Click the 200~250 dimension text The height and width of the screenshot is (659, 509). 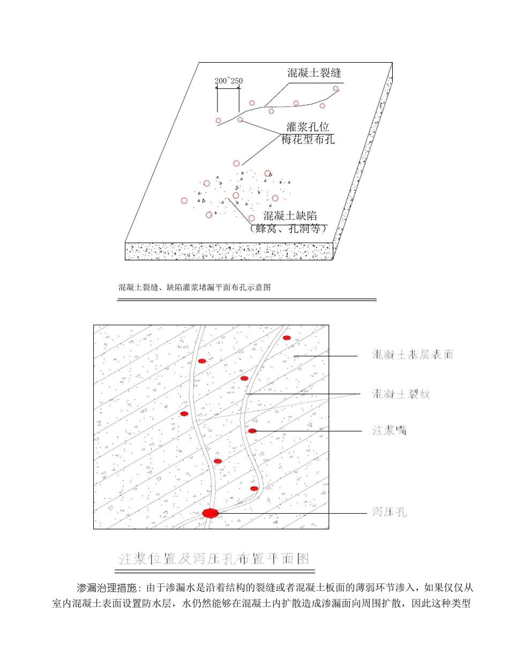(x=228, y=81)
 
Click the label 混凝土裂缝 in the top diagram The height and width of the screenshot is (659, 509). (x=314, y=73)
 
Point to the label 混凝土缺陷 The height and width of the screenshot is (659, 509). (x=291, y=216)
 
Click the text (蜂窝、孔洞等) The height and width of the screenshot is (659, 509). (x=288, y=229)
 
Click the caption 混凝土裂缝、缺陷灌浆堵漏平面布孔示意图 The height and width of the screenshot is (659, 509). (x=194, y=288)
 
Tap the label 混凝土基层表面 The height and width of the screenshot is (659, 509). (x=413, y=355)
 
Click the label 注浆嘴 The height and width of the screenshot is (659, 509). (x=389, y=430)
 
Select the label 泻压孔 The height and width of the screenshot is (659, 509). (x=390, y=512)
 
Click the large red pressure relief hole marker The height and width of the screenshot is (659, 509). (x=211, y=513)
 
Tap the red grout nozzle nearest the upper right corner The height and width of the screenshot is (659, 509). (x=287, y=338)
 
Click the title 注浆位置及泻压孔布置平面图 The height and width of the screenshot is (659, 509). (x=214, y=559)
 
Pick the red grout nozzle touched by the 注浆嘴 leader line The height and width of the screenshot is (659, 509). (x=252, y=431)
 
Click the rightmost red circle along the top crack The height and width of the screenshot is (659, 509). (x=336, y=88)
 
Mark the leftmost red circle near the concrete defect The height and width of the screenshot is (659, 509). (x=184, y=201)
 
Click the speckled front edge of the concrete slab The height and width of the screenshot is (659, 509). (x=229, y=251)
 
